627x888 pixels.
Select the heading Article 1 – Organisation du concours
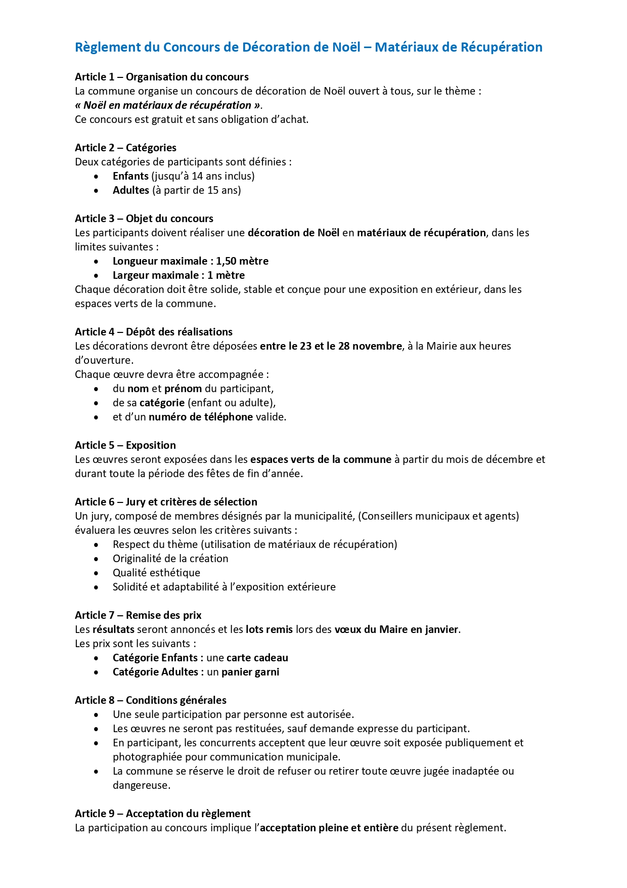click(162, 77)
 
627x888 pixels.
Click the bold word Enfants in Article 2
click(130, 176)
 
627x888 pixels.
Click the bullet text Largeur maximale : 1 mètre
click(178, 275)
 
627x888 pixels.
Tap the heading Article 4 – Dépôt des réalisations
click(154, 332)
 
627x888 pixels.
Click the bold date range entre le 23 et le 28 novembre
click(331, 346)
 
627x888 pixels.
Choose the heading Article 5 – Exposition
click(125, 445)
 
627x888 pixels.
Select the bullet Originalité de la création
click(170, 559)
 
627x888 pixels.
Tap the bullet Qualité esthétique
click(156, 573)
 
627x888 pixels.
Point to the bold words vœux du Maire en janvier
click(396, 629)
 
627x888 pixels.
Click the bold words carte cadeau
click(257, 658)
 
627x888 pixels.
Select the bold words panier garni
click(250, 672)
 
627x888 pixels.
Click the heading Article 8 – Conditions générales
click(151, 700)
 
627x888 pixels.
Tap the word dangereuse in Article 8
click(141, 785)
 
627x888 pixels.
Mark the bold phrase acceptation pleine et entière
click(329, 828)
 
